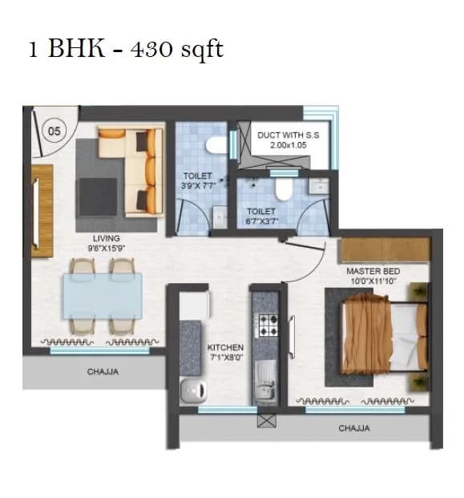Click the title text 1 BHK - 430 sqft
click(x=126, y=48)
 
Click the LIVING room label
click(x=106, y=238)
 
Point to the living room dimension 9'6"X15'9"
click(x=106, y=249)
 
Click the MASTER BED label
click(x=373, y=271)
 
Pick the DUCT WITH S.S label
click(x=288, y=136)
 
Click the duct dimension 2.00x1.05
click(x=288, y=147)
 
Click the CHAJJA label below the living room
click(x=103, y=372)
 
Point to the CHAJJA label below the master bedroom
click(x=353, y=428)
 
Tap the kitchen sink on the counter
click(x=264, y=377)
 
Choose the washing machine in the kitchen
click(x=192, y=391)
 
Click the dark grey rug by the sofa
click(x=98, y=195)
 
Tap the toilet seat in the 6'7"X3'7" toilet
click(x=282, y=188)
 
